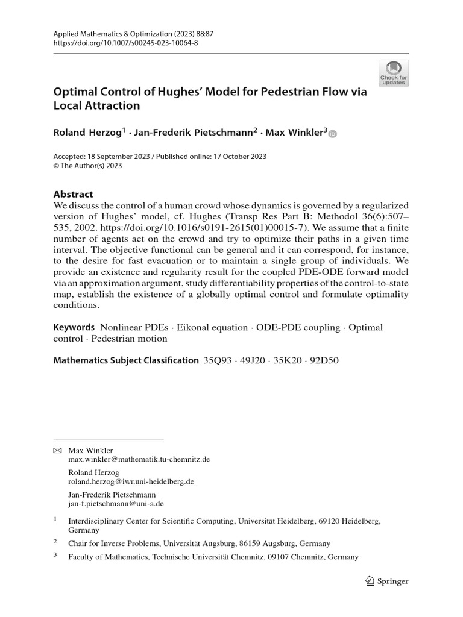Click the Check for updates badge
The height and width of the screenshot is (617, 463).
[393, 73]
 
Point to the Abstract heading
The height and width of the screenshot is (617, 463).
[74, 195]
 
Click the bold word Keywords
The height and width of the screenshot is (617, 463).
[74, 327]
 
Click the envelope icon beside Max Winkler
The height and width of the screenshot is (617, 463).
[58, 450]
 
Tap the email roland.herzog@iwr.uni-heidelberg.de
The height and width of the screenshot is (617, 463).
[130, 482]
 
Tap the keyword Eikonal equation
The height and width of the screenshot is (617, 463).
[208, 327]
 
